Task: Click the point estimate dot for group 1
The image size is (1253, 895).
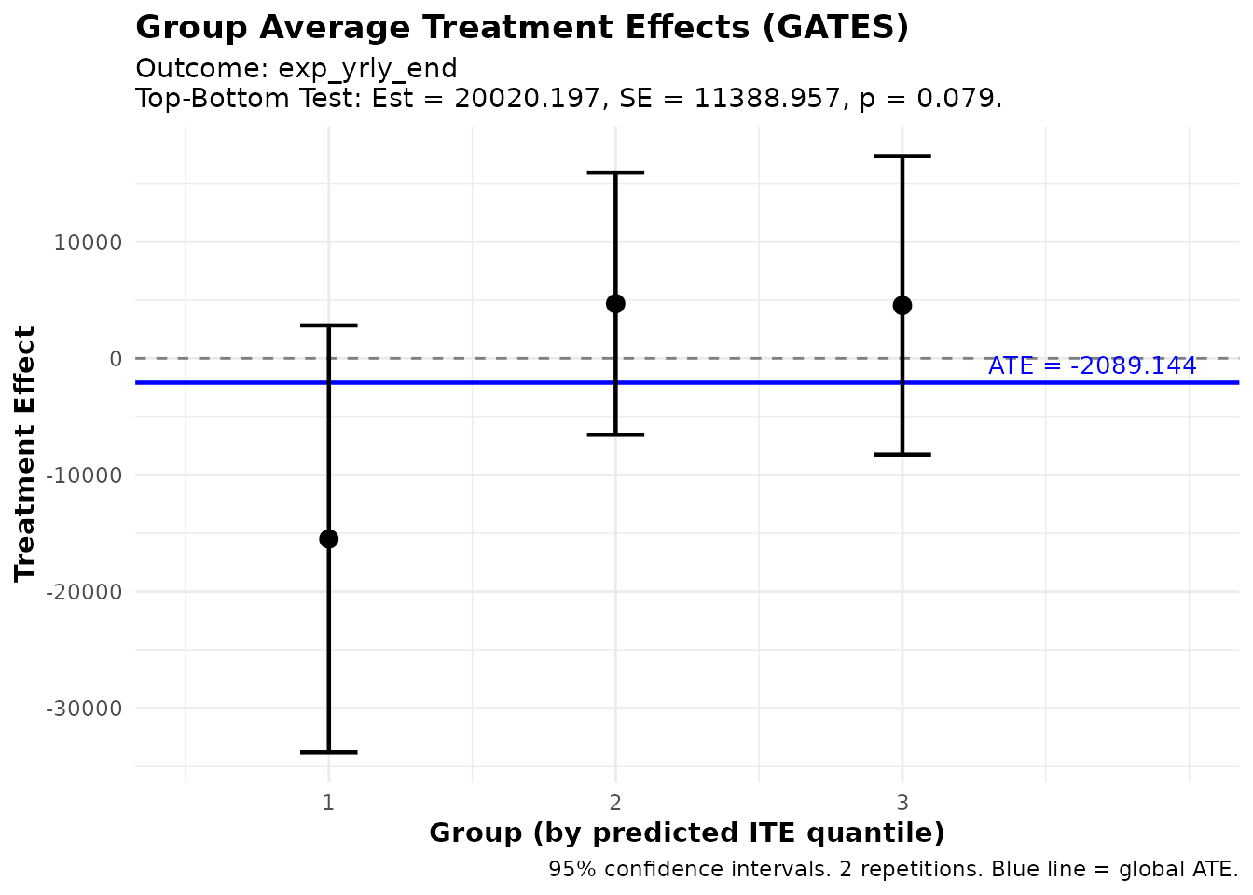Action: (328, 539)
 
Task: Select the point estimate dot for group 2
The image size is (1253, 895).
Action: (615, 304)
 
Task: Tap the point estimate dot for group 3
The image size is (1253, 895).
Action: (902, 306)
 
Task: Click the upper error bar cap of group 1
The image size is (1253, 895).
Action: (328, 325)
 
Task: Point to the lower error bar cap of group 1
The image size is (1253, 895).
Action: (328, 752)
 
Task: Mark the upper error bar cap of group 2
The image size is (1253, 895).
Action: (615, 172)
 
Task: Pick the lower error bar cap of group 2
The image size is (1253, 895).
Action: (615, 434)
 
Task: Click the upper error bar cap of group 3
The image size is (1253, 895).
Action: (902, 157)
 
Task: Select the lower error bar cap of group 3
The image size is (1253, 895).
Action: (902, 454)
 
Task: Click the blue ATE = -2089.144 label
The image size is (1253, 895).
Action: (1092, 366)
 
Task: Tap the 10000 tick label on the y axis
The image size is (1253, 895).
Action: (89, 242)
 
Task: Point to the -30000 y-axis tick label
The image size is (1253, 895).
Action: (84, 709)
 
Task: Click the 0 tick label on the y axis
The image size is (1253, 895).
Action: (116, 359)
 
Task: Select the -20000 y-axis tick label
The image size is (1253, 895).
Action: (84, 592)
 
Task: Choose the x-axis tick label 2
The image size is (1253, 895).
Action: (615, 802)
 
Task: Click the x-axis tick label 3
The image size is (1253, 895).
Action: (902, 802)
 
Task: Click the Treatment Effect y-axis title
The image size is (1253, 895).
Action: (25, 453)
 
